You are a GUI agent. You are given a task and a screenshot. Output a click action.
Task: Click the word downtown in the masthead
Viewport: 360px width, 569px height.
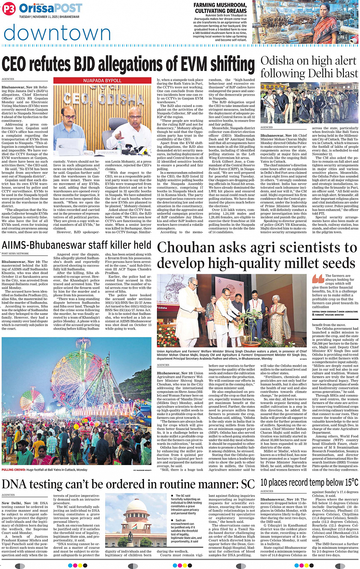[57, 33]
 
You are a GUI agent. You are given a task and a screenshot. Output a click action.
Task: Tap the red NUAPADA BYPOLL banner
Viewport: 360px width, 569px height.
[102, 81]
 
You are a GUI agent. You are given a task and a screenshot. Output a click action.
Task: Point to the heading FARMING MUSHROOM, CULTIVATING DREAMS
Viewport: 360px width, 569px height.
[221, 8]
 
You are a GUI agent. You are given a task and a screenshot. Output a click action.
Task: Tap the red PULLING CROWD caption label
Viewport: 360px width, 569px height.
[13, 470]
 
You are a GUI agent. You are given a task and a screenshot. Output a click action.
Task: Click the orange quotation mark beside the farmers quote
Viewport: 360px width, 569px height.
[318, 279]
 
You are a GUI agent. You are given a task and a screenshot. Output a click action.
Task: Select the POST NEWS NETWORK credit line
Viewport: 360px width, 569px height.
[15, 253]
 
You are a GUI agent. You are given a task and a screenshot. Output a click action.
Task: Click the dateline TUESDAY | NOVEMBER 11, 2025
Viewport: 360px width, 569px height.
[50, 17]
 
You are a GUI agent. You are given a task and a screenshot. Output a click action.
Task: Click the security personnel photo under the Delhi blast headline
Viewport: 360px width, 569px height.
[309, 103]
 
